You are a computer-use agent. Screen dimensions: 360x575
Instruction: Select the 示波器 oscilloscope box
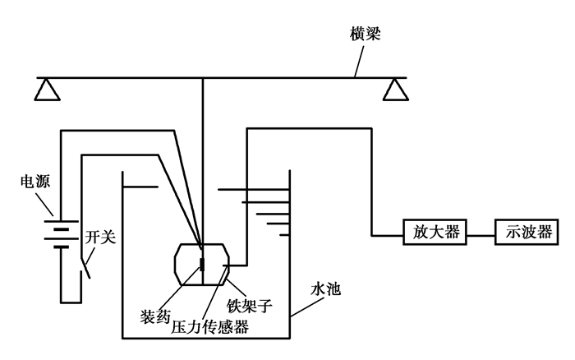(522, 233)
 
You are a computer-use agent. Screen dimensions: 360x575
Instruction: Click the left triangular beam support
(48, 89)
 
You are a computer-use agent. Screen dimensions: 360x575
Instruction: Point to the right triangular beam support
(398, 89)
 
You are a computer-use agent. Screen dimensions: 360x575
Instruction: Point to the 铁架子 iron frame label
(250, 306)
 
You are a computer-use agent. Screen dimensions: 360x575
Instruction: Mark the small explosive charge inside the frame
(202, 265)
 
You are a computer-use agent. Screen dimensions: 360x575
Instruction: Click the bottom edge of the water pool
(205, 338)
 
